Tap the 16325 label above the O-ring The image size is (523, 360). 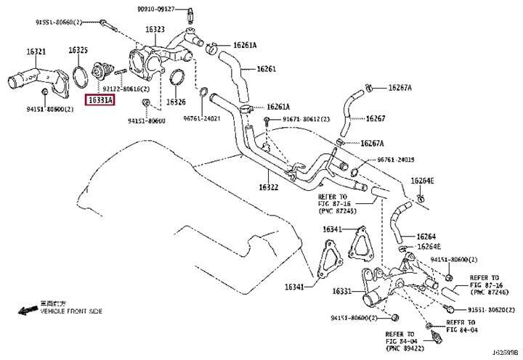click(x=78, y=50)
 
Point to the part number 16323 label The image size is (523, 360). click(x=155, y=30)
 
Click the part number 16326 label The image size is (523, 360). click(x=177, y=102)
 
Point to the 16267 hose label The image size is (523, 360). click(x=376, y=118)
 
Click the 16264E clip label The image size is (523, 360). click(x=422, y=181)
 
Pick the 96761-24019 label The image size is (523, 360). click(x=396, y=160)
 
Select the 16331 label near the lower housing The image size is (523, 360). click(x=342, y=291)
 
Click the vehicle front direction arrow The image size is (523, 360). click(x=27, y=310)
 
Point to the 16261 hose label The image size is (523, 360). click(x=267, y=69)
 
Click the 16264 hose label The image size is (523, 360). click(x=426, y=236)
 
